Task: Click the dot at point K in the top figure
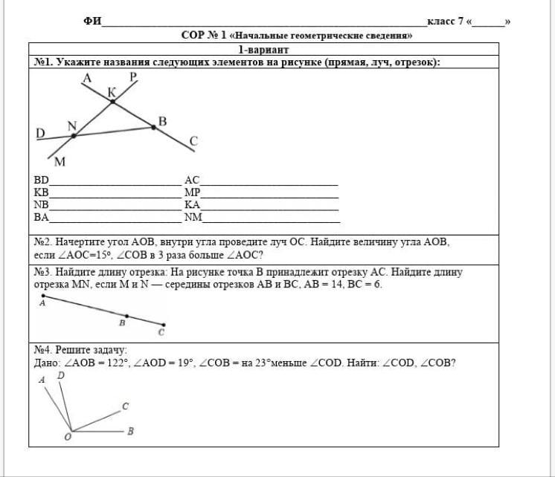(113, 101)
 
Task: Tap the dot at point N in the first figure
(73, 135)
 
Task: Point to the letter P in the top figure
(133, 77)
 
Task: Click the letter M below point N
(60, 161)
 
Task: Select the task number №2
(42, 242)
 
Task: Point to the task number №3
(42, 273)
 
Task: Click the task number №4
(42, 350)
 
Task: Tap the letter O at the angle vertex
(68, 438)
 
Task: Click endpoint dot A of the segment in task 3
(44, 296)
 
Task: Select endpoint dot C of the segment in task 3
(164, 324)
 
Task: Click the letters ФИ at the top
(92, 22)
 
